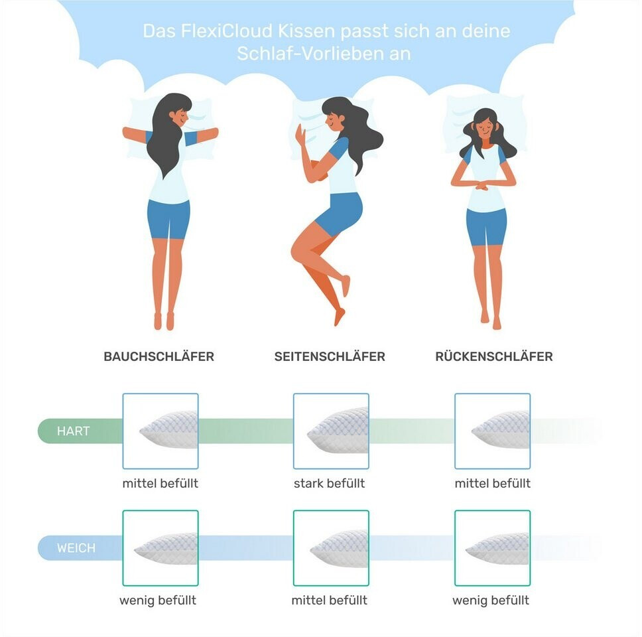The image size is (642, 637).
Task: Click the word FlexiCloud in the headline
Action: [226, 31]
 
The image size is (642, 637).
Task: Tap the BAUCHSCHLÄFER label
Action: [159, 356]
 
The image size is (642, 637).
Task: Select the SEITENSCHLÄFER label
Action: [330, 356]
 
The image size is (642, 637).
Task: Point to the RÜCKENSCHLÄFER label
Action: [494, 356]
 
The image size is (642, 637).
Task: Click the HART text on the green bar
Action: [74, 431]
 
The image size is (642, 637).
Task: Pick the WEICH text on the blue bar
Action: [76, 547]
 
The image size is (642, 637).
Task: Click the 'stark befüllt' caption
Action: [329, 483]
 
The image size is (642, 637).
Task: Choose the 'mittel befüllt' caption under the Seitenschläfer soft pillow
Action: [329, 600]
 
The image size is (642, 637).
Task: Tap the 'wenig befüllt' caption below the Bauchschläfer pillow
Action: [158, 601]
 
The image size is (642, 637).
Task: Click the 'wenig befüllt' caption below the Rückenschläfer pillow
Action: [491, 601]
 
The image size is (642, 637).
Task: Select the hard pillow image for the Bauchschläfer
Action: [160, 431]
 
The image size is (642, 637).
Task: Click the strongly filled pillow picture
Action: [331, 431]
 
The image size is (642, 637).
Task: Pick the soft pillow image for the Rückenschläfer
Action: [493, 547]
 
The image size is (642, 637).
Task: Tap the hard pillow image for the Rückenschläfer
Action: [493, 431]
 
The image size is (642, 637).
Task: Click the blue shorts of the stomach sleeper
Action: [168, 219]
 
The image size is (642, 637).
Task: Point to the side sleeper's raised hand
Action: [300, 135]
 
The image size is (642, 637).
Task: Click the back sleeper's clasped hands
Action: [482, 186]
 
